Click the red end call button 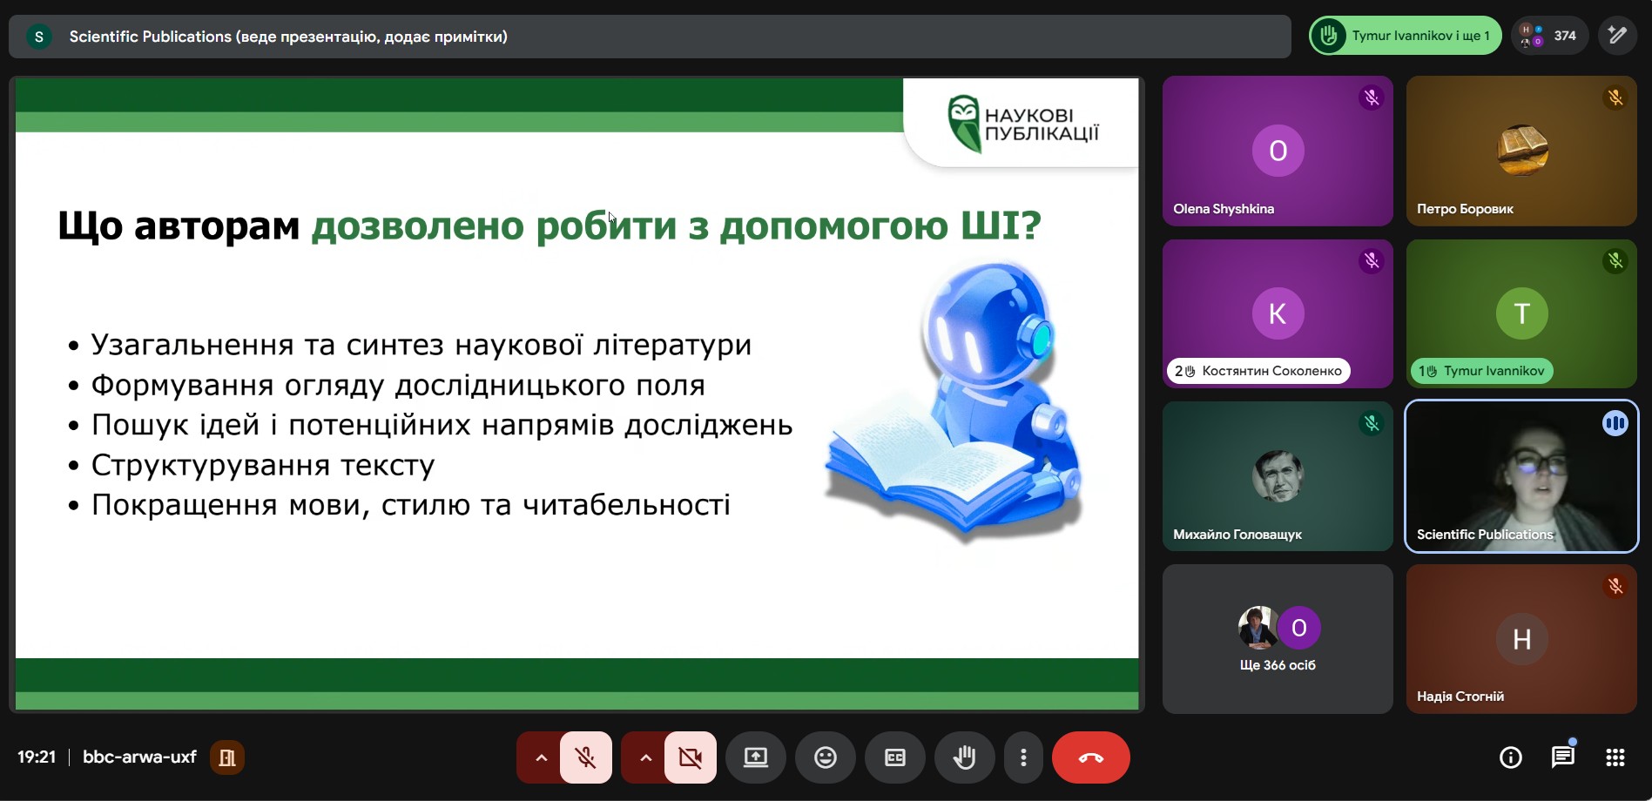(x=1090, y=757)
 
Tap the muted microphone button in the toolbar (x=586, y=757)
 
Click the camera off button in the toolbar (x=691, y=757)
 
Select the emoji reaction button (x=826, y=757)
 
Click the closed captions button (x=895, y=757)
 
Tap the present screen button (x=756, y=757)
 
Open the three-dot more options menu (x=1023, y=757)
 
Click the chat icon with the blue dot (x=1563, y=756)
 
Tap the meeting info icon (x=1511, y=757)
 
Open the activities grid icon (x=1615, y=757)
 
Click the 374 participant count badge (x=1549, y=36)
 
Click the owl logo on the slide (x=964, y=123)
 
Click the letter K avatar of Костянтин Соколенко (x=1278, y=313)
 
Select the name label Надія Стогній (x=1460, y=697)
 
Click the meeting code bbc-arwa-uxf (x=139, y=757)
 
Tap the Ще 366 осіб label (x=1278, y=665)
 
